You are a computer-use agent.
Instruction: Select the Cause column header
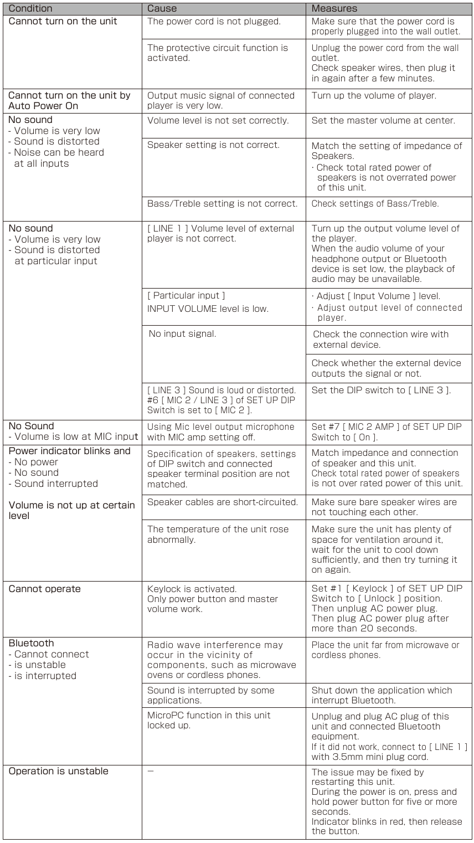point(162,8)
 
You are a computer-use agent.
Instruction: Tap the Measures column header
point(334,8)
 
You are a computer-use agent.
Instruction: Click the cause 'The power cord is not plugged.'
point(214,22)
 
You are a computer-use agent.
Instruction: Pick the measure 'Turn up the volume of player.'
point(374,95)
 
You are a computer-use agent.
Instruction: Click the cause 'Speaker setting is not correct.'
point(213,145)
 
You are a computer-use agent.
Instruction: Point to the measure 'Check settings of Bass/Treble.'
point(375,203)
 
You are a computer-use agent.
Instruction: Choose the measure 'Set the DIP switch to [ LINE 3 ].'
point(381,390)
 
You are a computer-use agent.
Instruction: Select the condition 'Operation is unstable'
point(58,771)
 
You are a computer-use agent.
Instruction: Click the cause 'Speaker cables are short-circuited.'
point(223,502)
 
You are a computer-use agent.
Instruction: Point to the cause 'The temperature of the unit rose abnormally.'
point(218,534)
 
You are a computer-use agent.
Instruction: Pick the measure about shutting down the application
point(382,695)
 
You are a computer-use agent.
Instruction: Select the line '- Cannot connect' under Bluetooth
point(42,654)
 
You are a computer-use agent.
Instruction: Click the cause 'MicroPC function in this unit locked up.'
point(209,720)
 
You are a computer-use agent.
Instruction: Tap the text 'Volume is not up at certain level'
point(71,510)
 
